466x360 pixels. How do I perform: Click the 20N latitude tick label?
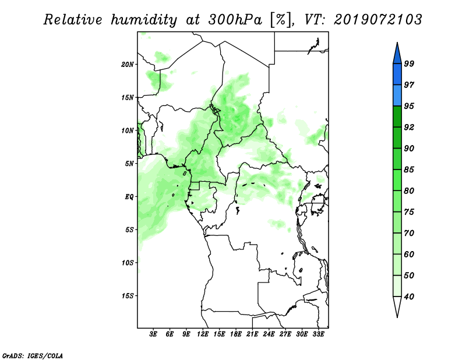point(128,65)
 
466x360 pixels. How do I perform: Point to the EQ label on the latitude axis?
point(129,197)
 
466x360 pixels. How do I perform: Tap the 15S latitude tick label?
point(128,296)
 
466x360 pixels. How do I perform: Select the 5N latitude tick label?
point(129,164)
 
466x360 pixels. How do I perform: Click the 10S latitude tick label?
point(128,263)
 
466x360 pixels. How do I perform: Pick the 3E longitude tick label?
point(153,334)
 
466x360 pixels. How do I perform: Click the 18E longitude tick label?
point(236,334)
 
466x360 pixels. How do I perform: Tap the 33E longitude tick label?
point(318,334)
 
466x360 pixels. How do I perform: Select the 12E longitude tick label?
point(203,334)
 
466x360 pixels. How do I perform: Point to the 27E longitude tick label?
point(285,334)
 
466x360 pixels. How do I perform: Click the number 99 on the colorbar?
point(409,63)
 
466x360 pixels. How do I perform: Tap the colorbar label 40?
point(409,297)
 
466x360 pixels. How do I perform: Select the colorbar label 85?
point(409,170)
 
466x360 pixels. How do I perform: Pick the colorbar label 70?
point(409,233)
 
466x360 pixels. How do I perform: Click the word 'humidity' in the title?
point(144,20)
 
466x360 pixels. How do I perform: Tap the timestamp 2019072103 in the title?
point(377,20)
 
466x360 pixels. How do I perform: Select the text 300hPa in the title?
point(235,20)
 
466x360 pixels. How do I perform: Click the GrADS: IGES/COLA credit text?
point(33,356)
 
